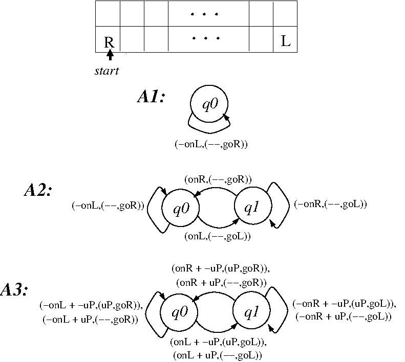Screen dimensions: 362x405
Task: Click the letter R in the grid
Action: click(x=109, y=41)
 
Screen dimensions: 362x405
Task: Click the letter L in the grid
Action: click(x=286, y=41)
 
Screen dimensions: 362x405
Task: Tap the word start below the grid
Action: click(x=106, y=71)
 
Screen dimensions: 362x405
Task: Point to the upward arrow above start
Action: click(x=110, y=55)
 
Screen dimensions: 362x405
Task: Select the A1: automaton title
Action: click(x=151, y=97)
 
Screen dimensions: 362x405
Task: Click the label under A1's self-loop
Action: click(x=211, y=144)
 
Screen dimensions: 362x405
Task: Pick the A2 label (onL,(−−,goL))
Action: click(x=217, y=236)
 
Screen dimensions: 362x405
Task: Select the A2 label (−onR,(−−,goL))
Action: click(x=330, y=205)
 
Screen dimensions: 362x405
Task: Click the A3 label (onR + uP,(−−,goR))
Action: click(x=221, y=282)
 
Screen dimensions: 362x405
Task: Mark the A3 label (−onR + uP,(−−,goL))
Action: click(x=344, y=316)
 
